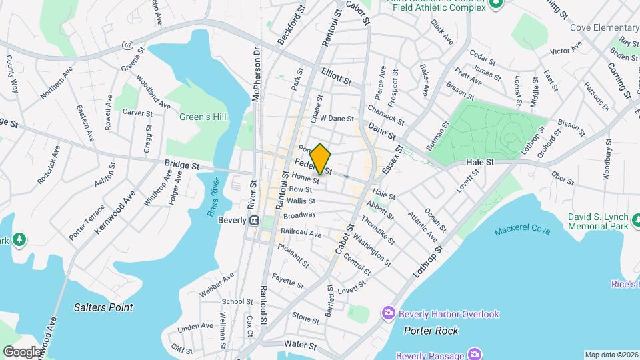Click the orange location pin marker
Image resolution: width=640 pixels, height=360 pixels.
[321, 159]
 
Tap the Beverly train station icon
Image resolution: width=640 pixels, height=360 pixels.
[254, 221]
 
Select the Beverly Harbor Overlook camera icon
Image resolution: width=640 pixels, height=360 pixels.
[388, 313]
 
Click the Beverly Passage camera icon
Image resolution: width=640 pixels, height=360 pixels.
[475, 353]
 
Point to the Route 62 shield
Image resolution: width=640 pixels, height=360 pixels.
[127, 43]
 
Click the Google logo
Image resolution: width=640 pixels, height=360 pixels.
[22, 351]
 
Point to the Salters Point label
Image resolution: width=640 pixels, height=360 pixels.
[103, 307]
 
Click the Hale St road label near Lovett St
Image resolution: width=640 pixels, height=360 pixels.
[479, 162]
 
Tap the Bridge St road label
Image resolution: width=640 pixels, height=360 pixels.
[182, 163]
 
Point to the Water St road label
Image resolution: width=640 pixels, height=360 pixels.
[299, 345]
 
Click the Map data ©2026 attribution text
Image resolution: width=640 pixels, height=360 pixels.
[611, 355]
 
